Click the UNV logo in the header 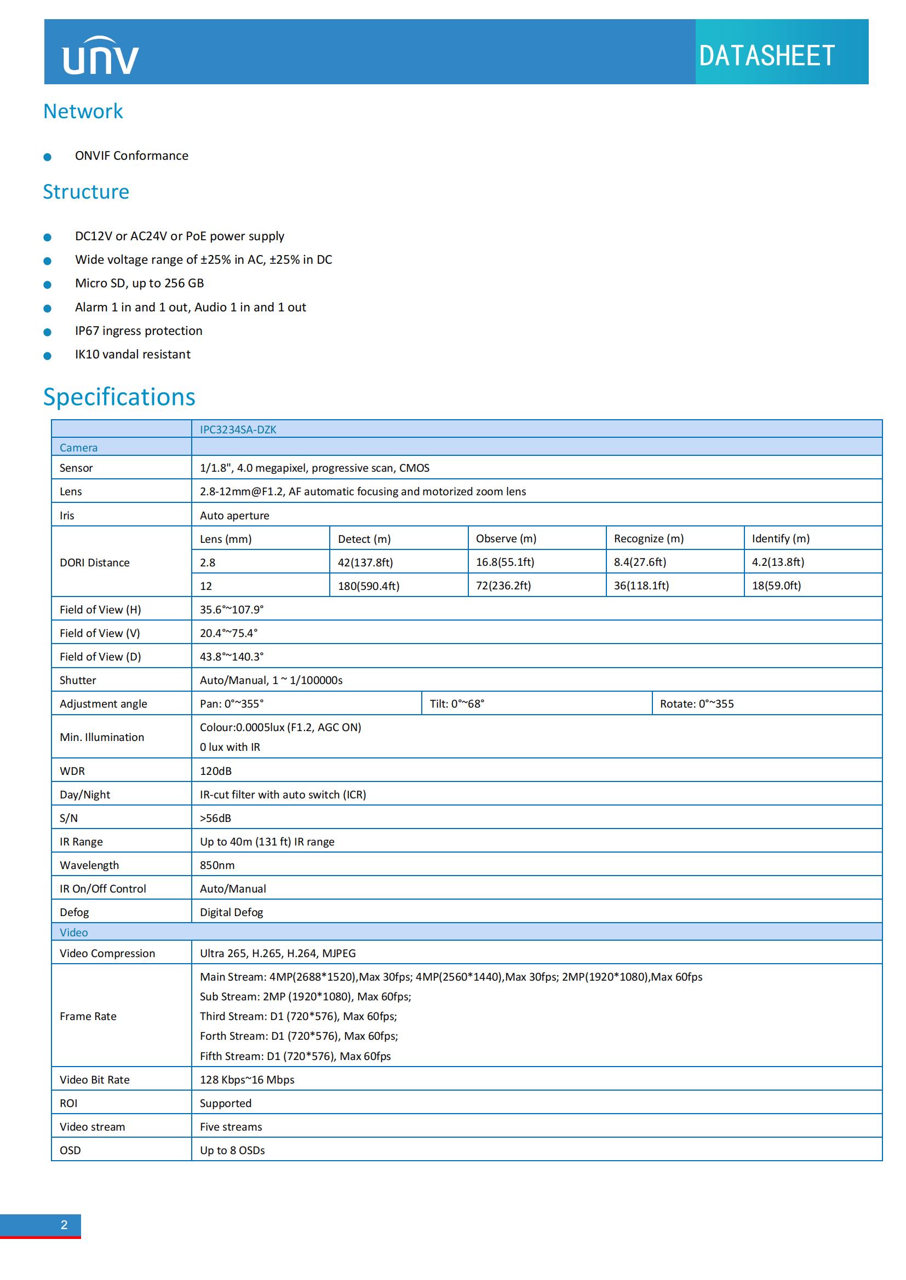[100, 55]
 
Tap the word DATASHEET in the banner [766, 56]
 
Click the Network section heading [83, 112]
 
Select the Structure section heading [86, 192]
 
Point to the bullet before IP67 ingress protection [48, 332]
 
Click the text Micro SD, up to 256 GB [140, 283]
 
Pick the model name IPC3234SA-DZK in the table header [238, 429]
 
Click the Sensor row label [77, 468]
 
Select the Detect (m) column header [364, 539]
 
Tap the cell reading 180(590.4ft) [369, 586]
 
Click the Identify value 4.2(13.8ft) [778, 562]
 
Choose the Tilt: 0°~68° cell [457, 704]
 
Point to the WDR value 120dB [216, 771]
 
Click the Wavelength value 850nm [217, 865]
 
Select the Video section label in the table [73, 932]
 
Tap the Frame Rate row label [88, 1016]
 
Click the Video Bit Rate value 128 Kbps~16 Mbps [247, 1080]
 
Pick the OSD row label [70, 1150]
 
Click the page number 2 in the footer [64, 1225]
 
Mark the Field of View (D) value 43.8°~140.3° [232, 657]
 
